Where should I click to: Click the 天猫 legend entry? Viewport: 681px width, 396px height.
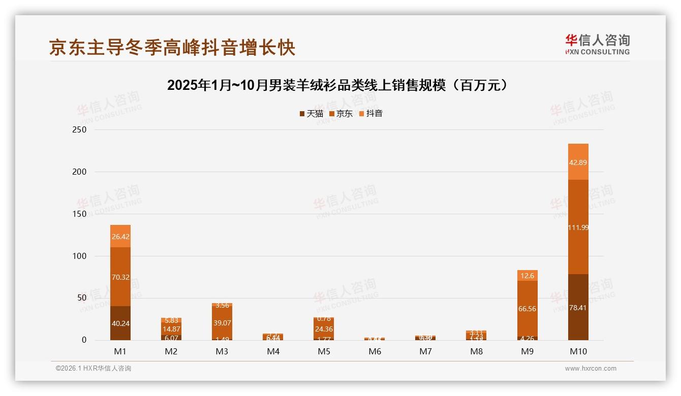(x=312, y=114)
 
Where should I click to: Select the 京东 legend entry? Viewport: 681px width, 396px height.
(x=341, y=114)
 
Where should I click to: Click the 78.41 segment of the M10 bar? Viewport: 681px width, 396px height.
(x=578, y=308)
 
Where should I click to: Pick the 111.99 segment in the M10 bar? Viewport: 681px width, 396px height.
(x=578, y=227)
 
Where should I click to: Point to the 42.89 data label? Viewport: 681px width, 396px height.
(x=578, y=162)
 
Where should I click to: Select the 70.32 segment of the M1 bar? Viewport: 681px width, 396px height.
(x=120, y=277)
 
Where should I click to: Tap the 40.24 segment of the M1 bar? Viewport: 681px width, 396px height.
(x=120, y=323)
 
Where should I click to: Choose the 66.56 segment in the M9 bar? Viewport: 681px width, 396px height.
(x=527, y=309)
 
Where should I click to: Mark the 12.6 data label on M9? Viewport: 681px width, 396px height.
(x=527, y=276)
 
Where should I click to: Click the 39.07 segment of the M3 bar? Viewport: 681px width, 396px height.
(x=222, y=323)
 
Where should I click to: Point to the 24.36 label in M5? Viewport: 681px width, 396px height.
(x=324, y=328)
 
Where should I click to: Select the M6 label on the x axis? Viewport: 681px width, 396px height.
(x=375, y=351)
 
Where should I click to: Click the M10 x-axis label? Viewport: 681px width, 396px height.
(x=578, y=351)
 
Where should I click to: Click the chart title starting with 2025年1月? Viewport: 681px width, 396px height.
(x=337, y=85)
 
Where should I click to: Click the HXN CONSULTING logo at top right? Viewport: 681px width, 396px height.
(x=597, y=44)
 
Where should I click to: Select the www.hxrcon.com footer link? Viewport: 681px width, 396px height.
(x=591, y=369)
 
